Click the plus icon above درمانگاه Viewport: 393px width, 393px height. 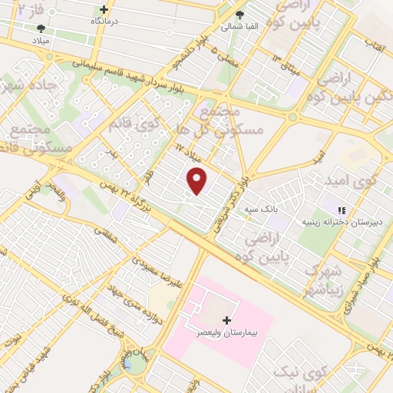[x=104, y=10]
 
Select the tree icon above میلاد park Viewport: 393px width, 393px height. [x=41, y=28]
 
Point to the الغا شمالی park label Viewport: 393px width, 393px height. [x=239, y=26]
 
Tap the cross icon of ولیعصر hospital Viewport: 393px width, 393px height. [x=226, y=319]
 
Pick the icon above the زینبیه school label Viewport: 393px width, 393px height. [x=342, y=210]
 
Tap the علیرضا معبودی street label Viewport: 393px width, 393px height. [x=157, y=272]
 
